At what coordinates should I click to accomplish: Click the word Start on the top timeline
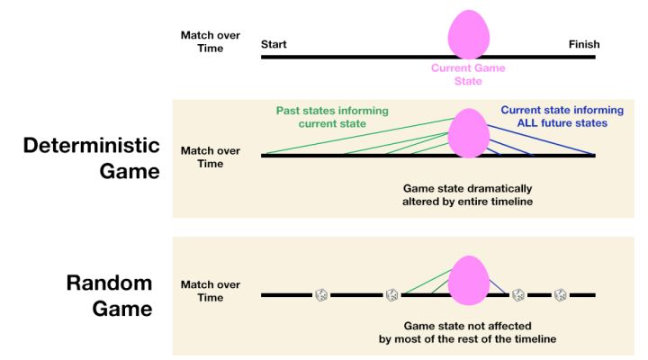click(x=274, y=44)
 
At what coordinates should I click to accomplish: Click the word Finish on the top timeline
click(x=583, y=44)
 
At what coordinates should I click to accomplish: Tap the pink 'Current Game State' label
click(x=468, y=75)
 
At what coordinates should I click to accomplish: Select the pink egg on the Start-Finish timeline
click(x=469, y=34)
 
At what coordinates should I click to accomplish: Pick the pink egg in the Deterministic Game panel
click(x=469, y=133)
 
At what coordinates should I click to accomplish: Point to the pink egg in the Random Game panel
click(x=469, y=280)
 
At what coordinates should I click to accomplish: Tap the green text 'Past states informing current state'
click(x=334, y=117)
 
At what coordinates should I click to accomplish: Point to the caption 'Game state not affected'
click(x=468, y=325)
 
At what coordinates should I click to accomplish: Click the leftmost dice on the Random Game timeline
click(x=321, y=294)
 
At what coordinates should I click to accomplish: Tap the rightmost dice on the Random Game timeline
click(x=560, y=294)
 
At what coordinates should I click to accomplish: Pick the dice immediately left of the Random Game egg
click(x=391, y=294)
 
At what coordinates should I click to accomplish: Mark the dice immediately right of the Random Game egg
click(x=518, y=294)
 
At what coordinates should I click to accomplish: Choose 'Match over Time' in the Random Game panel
click(x=202, y=291)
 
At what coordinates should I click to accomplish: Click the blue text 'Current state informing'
click(x=562, y=111)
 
